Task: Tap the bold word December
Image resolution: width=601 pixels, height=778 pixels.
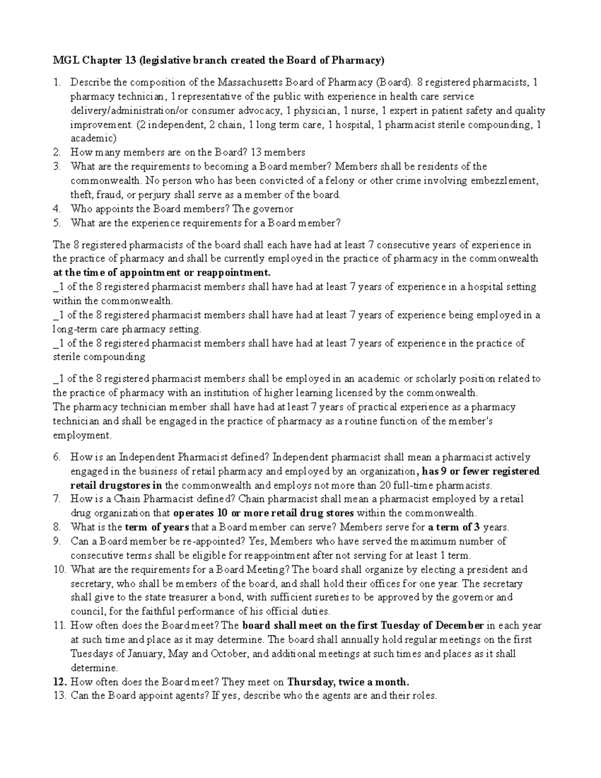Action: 459,625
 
